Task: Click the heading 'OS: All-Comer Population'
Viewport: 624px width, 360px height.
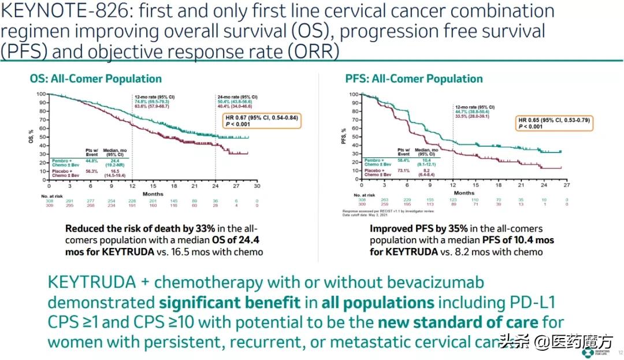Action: pos(96,79)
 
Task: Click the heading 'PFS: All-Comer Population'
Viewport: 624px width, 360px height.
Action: pos(414,79)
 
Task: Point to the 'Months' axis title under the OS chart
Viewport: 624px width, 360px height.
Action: pos(153,194)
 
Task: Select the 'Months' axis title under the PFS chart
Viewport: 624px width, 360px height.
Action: pos(464,192)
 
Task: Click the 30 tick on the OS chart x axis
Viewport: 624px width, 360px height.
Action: pos(257,186)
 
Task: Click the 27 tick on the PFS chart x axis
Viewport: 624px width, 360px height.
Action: pos(566,185)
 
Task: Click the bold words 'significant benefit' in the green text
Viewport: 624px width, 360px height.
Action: pos(230,302)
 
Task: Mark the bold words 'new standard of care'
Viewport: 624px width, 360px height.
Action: pos(458,322)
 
